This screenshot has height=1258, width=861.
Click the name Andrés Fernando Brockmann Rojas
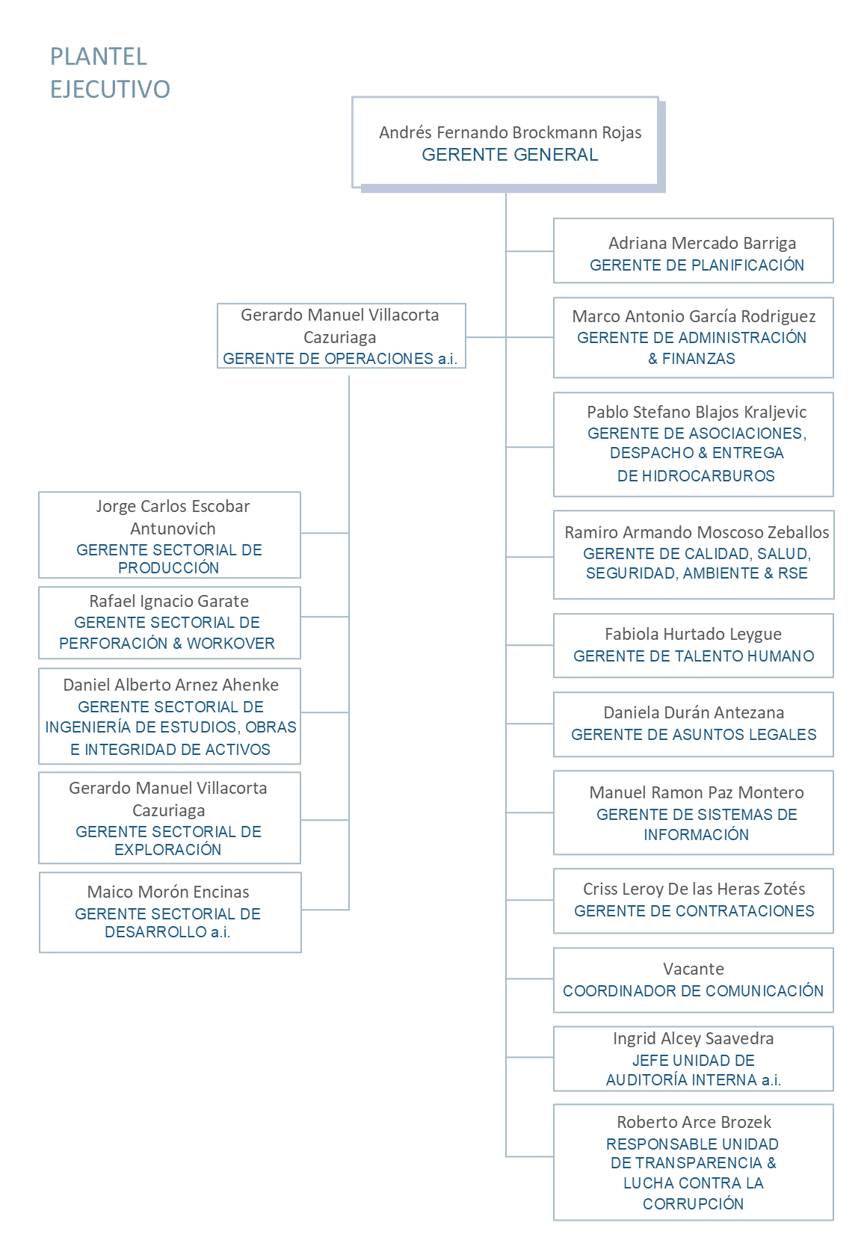(510, 132)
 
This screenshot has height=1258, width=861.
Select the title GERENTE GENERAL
(510, 155)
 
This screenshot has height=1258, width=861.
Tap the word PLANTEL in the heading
(99, 57)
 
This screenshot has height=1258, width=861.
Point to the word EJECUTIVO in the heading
(110, 89)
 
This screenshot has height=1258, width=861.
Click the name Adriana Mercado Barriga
(702, 243)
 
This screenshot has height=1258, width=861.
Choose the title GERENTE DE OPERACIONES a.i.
(340, 358)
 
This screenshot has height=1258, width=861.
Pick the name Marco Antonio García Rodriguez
(694, 317)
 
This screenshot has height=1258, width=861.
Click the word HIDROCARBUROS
(709, 476)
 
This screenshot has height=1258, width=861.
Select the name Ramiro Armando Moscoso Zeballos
(697, 532)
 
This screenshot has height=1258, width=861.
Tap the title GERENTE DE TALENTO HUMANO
(694, 656)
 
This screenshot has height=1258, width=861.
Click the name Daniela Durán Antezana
(694, 712)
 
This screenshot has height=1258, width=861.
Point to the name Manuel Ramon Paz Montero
(697, 792)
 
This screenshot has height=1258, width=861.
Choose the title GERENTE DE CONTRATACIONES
(694, 911)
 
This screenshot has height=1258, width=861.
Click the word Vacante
(694, 969)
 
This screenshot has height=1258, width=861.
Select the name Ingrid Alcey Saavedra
(694, 1039)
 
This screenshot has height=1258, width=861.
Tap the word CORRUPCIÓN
(694, 1204)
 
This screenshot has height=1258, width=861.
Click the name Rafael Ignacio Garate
(169, 602)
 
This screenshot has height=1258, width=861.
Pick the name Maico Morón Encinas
(168, 892)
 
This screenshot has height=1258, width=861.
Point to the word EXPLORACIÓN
(168, 850)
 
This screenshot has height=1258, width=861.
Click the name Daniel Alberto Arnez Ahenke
(170, 685)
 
